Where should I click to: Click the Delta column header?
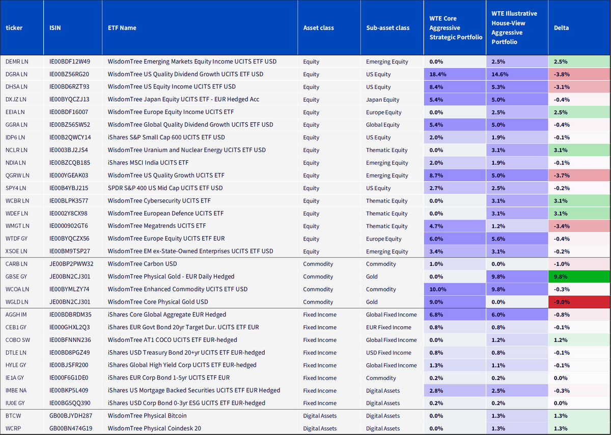point(561,28)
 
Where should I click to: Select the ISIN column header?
point(55,28)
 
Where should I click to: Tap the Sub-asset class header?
point(387,28)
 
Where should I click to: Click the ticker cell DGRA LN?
point(16,74)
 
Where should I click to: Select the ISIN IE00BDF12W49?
point(70,62)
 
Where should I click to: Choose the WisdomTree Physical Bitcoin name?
point(147,416)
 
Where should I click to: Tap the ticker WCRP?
point(13,428)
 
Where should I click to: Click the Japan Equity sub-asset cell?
point(382,100)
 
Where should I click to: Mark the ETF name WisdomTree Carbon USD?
point(142,264)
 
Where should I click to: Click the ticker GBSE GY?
point(16,277)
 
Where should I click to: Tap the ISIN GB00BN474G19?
point(71,428)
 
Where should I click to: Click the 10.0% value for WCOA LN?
point(438,289)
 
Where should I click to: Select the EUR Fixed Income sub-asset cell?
point(388,327)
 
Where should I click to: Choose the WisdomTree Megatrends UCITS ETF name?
point(157,226)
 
